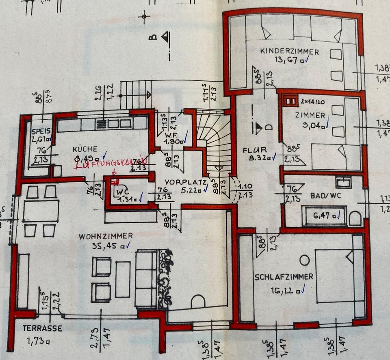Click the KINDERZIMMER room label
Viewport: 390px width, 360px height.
click(289, 52)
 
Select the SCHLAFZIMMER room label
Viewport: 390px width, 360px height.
click(284, 277)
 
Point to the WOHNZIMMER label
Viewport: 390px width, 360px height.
click(106, 236)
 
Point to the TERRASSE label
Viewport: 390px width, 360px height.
click(43, 328)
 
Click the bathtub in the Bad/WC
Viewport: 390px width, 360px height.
click(325, 216)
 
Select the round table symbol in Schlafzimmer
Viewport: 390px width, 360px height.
click(304, 259)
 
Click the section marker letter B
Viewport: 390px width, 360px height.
click(153, 38)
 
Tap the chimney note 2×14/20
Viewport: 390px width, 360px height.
click(313, 100)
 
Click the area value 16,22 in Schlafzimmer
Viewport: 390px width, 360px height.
click(283, 291)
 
